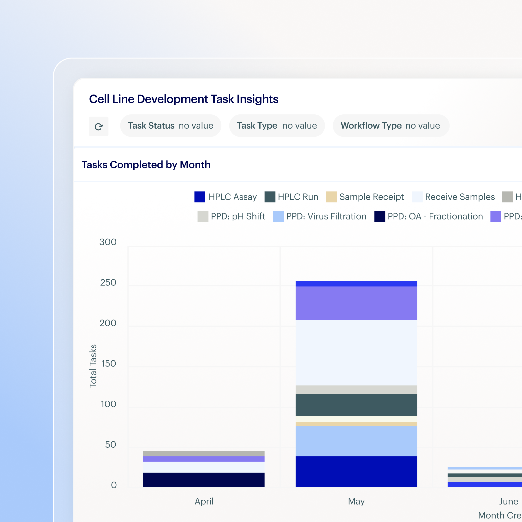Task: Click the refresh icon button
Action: (99, 126)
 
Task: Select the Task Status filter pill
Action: (171, 126)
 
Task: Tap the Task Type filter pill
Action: (277, 126)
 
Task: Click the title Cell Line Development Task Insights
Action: (184, 99)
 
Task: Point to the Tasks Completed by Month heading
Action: (146, 165)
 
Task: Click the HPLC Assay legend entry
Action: (225, 197)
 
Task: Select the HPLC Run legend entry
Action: (291, 197)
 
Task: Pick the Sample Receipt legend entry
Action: (365, 197)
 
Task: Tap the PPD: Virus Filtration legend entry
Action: (320, 216)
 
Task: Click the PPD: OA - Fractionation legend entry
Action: (428, 216)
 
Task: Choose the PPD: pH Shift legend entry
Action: (231, 216)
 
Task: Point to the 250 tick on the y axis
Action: (108, 283)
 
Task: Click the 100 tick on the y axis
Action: (108, 404)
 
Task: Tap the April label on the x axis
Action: (204, 501)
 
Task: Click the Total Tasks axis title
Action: (93, 366)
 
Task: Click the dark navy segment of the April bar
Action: (203, 480)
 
